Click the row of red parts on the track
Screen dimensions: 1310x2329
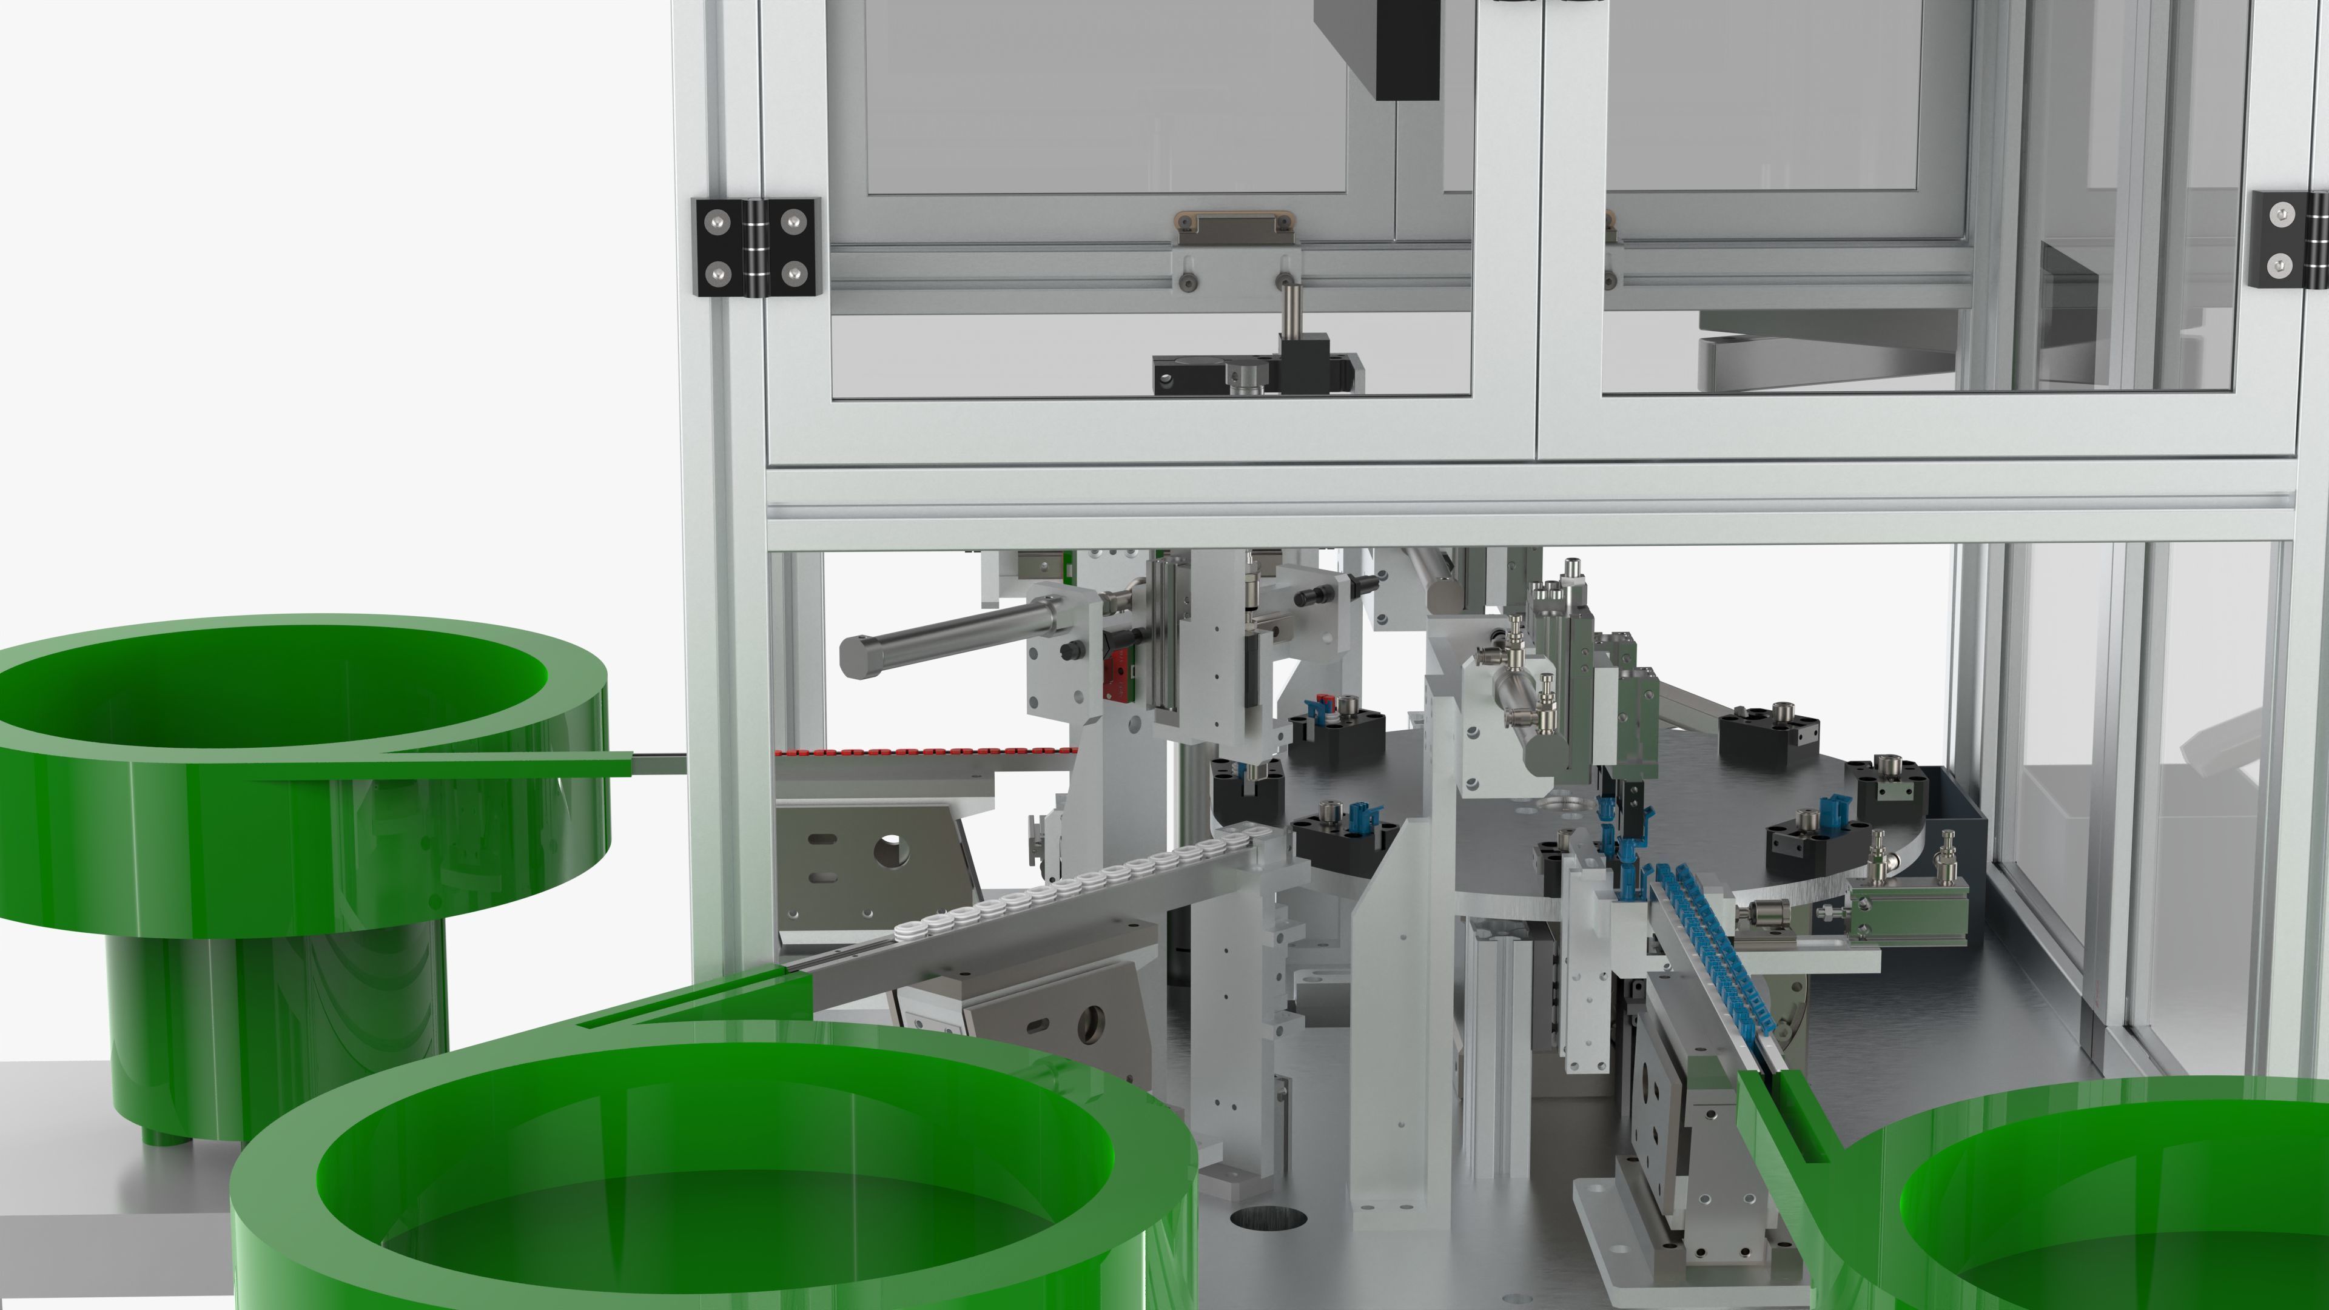(x=922, y=751)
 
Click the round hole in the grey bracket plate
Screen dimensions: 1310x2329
(x=890, y=849)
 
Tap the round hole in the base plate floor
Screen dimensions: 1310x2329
(x=1268, y=1218)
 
